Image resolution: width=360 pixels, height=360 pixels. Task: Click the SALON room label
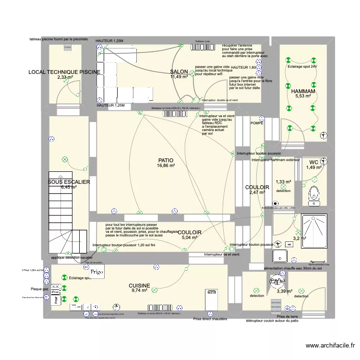[179, 72]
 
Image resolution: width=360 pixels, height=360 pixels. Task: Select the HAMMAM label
[303, 91]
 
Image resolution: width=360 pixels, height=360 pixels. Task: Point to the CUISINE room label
[140, 286]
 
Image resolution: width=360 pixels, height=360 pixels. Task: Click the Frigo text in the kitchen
[97, 271]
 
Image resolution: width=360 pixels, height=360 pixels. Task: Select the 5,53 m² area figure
[303, 96]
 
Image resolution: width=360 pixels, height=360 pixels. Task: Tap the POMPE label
[257, 123]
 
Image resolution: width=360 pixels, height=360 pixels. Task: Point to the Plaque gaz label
[39, 289]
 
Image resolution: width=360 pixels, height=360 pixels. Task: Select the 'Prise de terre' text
[288, 317]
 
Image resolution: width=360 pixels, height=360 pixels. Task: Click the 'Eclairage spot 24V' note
[302, 67]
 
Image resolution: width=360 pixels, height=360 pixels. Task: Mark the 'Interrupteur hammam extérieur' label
[276, 160]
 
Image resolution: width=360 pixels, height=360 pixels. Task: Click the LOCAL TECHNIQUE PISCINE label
[65, 72]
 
